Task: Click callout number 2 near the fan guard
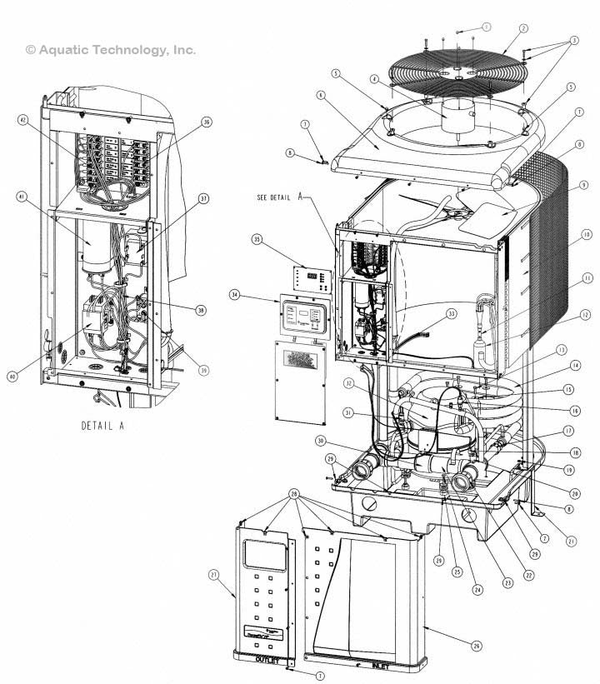523,27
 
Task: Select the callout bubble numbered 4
376,79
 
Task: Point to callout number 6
320,94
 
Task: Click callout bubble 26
477,645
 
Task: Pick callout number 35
257,239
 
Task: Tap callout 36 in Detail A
207,122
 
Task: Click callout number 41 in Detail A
22,197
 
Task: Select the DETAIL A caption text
102,425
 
